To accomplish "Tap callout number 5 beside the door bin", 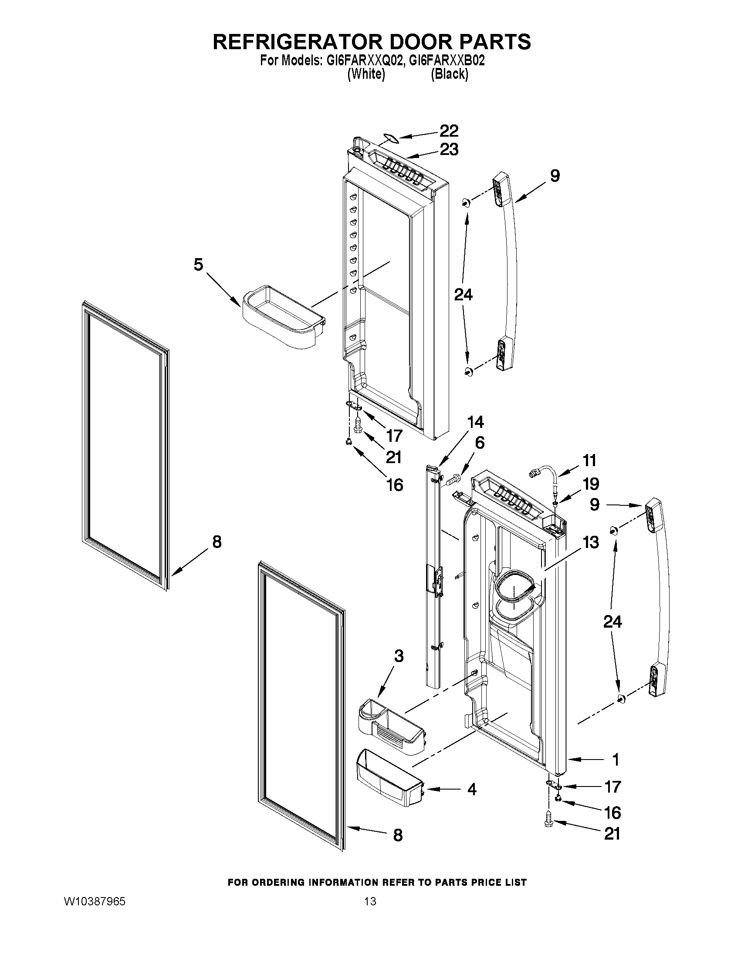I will (x=198, y=265).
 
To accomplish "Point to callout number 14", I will (x=475, y=422).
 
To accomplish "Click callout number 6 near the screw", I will (x=479, y=443).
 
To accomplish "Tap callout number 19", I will (x=591, y=484).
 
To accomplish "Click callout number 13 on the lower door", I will (x=591, y=542).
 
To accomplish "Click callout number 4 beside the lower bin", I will (x=471, y=790).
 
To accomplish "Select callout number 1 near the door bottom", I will (x=616, y=759).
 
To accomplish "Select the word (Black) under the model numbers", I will (x=449, y=74).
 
